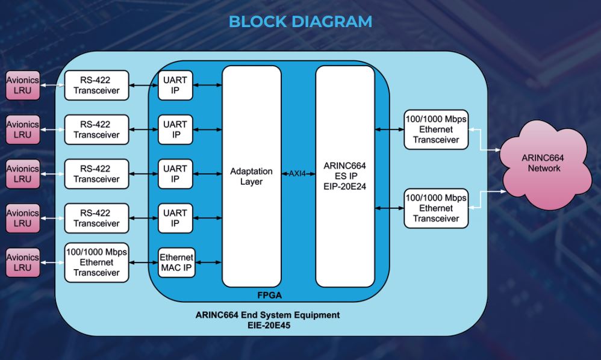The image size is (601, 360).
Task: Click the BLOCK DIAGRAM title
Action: (x=300, y=22)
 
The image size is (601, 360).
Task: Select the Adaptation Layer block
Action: (x=251, y=176)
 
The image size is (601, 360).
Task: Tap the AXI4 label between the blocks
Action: (x=298, y=173)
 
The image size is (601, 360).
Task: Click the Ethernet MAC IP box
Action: (x=177, y=262)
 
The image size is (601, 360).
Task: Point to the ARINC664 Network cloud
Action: (x=544, y=163)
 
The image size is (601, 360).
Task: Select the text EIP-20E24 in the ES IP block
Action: (x=345, y=187)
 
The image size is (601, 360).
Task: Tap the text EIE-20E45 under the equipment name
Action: (x=267, y=325)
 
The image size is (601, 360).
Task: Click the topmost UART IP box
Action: (x=175, y=85)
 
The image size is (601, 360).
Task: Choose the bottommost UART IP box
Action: (x=175, y=218)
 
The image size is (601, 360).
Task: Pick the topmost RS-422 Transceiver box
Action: (x=96, y=85)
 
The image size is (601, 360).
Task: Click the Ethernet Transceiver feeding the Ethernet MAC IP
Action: (x=96, y=262)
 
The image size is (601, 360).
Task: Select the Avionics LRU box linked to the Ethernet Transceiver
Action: (x=22, y=262)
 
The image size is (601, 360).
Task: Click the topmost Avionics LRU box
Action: (x=22, y=85)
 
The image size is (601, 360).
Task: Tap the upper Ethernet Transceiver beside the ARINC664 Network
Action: (x=435, y=129)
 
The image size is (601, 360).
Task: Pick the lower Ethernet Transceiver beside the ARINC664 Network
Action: (x=435, y=208)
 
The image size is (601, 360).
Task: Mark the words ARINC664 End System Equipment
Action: (x=267, y=315)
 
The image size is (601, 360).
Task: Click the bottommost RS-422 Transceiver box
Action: (x=96, y=218)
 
